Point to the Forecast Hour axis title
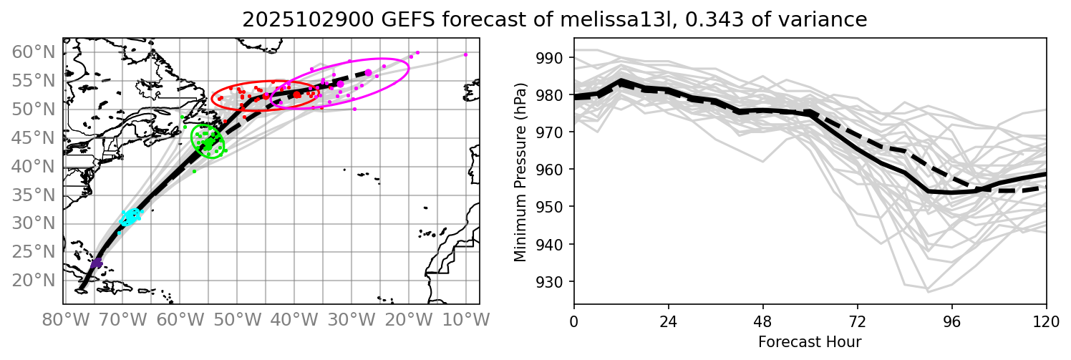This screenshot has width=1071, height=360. [x=810, y=341]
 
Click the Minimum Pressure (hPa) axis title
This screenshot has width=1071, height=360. [x=520, y=172]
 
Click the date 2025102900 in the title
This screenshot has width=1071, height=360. [x=298, y=20]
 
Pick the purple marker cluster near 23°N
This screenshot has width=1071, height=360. [x=97, y=263]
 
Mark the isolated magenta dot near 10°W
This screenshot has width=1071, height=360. [x=465, y=54]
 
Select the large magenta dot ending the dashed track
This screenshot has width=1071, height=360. [x=368, y=72]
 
